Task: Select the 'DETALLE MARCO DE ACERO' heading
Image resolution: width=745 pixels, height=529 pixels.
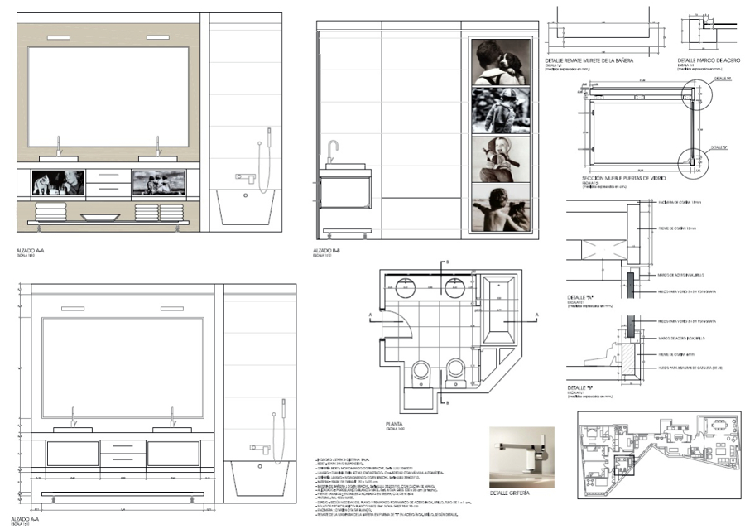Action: point(708,61)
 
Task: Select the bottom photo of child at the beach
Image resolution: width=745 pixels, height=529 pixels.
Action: point(501,209)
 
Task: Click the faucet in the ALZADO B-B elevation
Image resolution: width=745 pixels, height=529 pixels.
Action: point(332,150)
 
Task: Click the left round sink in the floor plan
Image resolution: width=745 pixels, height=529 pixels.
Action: point(407,289)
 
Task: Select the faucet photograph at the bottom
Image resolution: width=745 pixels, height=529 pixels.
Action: point(521,456)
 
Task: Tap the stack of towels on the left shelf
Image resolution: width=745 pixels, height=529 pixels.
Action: point(52,211)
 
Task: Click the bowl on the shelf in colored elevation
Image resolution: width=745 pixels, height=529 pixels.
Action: point(99,217)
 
